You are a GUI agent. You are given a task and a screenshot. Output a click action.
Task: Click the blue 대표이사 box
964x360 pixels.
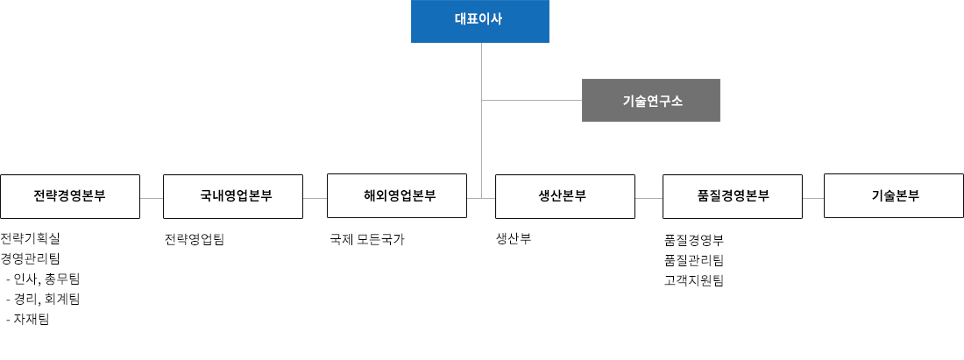click(479, 21)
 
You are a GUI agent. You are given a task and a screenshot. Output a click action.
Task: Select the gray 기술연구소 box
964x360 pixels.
click(651, 100)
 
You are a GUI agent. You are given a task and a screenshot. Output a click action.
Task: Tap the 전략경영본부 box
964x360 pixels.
click(70, 196)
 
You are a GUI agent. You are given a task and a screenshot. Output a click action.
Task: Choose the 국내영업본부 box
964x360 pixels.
click(233, 196)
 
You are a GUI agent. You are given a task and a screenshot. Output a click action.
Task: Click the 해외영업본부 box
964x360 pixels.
click(397, 196)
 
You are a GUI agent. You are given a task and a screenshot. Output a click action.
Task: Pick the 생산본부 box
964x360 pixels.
click(565, 196)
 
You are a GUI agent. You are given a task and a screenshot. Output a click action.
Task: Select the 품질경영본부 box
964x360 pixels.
click(733, 196)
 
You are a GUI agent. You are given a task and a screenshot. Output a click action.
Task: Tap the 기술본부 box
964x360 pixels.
click(894, 196)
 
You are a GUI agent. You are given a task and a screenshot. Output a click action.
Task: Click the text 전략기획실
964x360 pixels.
click(31, 238)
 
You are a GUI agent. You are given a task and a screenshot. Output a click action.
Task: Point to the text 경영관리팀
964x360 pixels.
click(31, 258)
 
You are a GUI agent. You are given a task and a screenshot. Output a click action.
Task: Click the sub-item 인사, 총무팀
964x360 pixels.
click(42, 279)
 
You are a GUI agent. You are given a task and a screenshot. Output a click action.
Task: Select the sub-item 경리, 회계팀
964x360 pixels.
click(42, 300)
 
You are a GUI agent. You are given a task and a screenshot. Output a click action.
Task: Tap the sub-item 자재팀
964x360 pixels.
click(28, 320)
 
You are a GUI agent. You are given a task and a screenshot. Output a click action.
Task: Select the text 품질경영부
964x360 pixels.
click(694, 240)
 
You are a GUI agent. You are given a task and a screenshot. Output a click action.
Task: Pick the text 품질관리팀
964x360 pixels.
click(694, 260)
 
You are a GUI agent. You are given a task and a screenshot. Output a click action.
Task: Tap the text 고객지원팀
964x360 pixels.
click(694, 281)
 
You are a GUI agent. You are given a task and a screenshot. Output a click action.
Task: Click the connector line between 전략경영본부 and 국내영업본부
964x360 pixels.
click(152, 199)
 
